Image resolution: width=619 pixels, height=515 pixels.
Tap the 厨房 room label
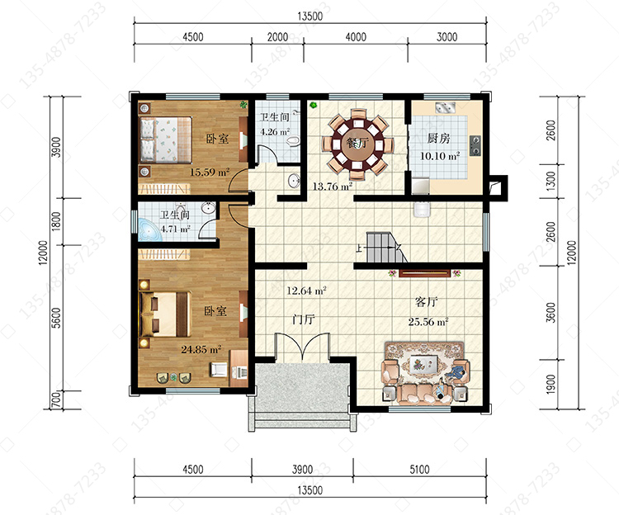[438, 139]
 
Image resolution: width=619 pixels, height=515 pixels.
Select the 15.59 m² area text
[210, 172]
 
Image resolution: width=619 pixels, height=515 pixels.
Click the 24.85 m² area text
[201, 349]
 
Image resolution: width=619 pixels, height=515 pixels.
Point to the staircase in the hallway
[387, 248]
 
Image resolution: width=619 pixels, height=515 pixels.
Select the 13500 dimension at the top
[309, 17]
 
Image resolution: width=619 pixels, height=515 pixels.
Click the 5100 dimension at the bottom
[419, 470]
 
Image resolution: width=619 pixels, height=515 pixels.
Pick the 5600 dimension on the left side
[57, 318]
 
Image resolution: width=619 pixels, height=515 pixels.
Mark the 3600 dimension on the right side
[550, 313]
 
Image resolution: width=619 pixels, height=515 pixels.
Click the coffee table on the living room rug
[423, 364]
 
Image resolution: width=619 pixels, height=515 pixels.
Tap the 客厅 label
[427, 302]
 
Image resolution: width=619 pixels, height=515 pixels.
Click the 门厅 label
[303, 319]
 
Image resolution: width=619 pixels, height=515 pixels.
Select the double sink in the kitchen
[446, 107]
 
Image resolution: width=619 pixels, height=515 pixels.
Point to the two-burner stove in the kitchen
[475, 145]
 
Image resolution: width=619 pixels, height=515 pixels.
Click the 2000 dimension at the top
[277, 37]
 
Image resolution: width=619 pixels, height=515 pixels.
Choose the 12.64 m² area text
[306, 291]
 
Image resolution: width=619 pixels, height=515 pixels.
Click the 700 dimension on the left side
[57, 400]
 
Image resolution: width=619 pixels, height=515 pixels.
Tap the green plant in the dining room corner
[314, 105]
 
